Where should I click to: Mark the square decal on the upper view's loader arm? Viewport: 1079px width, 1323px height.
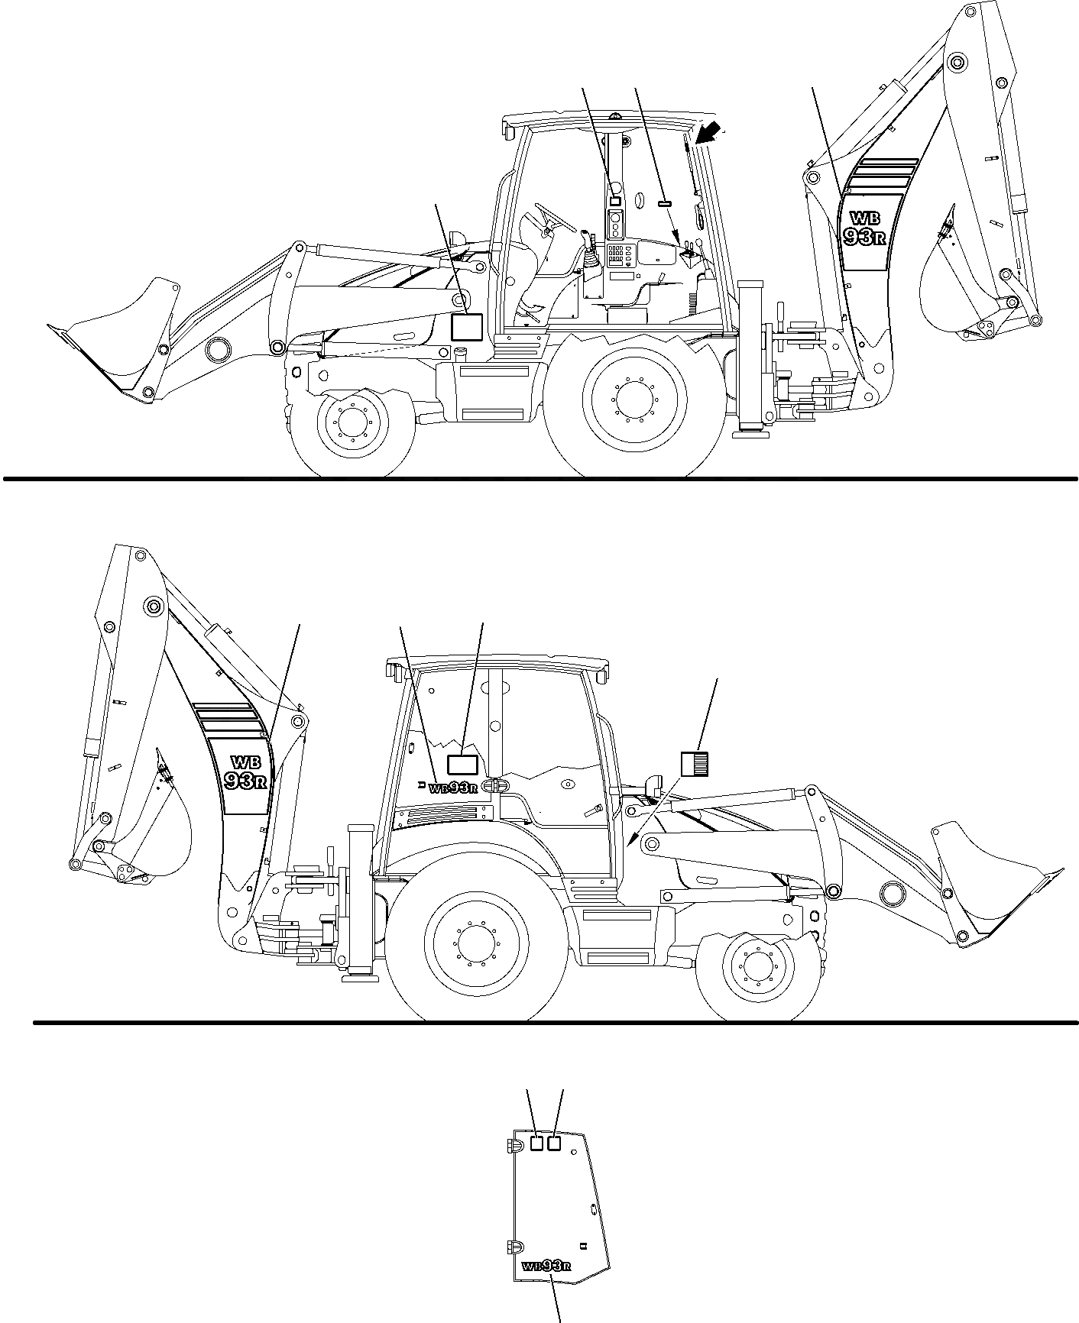pos(466,326)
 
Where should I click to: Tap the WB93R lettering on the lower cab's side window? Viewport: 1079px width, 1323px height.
pos(454,788)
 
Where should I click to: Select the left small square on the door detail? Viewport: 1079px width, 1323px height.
pos(536,1143)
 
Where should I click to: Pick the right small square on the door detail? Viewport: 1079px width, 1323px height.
pos(555,1143)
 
